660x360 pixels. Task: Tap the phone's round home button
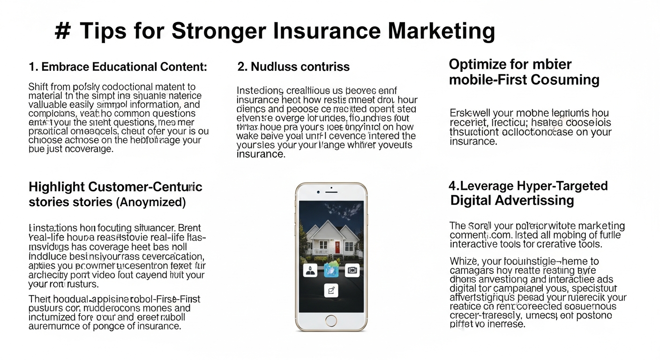click(x=331, y=321)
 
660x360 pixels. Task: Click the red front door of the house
click(x=337, y=247)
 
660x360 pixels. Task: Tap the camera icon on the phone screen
click(x=352, y=270)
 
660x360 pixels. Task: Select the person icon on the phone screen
click(x=310, y=270)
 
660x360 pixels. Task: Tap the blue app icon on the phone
click(x=331, y=270)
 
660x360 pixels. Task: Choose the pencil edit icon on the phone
click(x=331, y=291)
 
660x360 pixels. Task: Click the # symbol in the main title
click(x=62, y=31)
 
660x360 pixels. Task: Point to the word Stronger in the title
click(x=217, y=31)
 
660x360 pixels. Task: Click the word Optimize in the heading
click(x=479, y=64)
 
